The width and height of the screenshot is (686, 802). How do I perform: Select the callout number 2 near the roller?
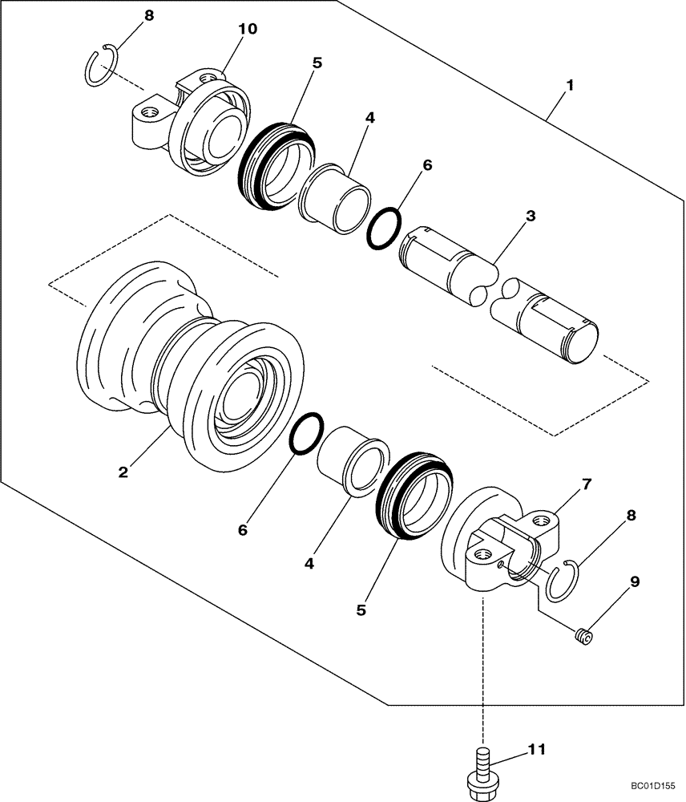click(x=123, y=472)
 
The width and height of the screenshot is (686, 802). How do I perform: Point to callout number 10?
click(x=248, y=29)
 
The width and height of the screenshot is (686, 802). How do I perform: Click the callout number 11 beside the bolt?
click(x=536, y=750)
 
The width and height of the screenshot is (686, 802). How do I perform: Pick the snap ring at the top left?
click(x=102, y=66)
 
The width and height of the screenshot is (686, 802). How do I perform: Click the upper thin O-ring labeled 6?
click(x=385, y=229)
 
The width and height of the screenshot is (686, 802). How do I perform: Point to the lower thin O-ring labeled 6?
click(x=306, y=435)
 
